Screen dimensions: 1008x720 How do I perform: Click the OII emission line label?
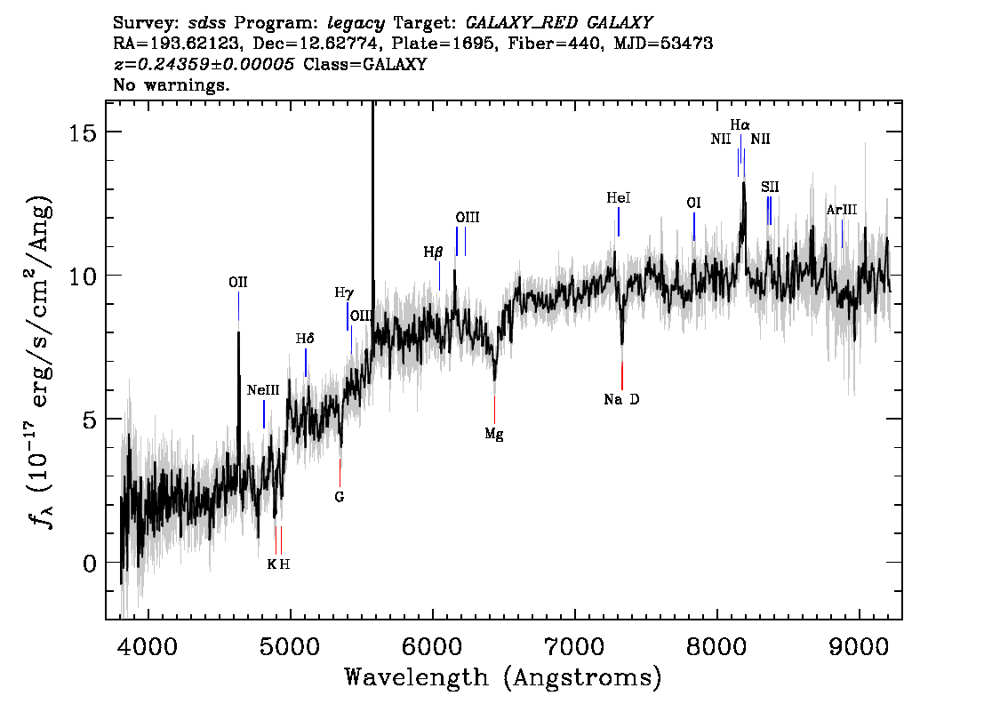[x=238, y=282]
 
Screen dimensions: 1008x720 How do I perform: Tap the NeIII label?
[x=264, y=390]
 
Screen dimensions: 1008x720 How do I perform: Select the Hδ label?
[x=305, y=338]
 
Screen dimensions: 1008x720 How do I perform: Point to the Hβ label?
[x=433, y=252]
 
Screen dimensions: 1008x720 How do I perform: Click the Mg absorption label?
[x=493, y=434]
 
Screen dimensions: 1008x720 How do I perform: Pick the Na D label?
[x=621, y=399]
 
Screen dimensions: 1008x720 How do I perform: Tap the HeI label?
[x=619, y=198]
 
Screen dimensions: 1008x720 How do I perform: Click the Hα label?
[x=740, y=124]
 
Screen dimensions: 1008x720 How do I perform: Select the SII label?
[x=770, y=187]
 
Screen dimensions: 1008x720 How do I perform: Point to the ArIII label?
[x=842, y=210]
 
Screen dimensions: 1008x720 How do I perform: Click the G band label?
[x=340, y=497]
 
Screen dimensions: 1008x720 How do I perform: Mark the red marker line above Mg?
[x=494, y=409]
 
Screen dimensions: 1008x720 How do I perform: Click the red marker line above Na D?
[x=622, y=375]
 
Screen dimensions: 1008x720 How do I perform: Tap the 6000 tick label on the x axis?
[x=433, y=645]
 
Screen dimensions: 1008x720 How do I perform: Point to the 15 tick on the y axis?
[x=83, y=132]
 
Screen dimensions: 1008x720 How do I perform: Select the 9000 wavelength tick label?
[x=859, y=645]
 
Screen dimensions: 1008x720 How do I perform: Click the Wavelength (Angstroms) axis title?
[x=503, y=677]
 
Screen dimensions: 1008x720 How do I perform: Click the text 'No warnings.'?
[x=171, y=84]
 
